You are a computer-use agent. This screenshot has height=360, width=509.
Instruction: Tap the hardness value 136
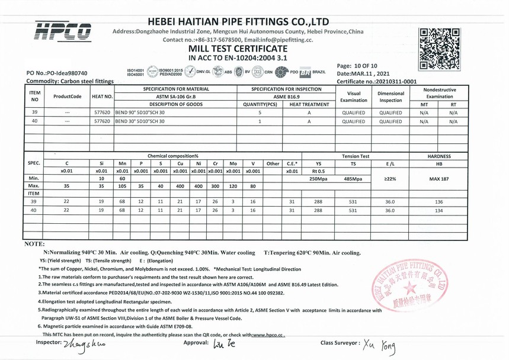pos(438,201)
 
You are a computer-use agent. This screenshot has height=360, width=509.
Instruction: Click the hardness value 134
pos(438,210)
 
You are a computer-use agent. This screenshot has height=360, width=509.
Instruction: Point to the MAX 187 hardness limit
pos(438,178)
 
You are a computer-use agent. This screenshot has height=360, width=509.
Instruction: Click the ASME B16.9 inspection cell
pos(286,96)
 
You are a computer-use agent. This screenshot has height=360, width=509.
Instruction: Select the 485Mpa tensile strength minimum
pos(353,178)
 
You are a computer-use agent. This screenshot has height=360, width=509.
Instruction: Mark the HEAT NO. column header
pos(102,96)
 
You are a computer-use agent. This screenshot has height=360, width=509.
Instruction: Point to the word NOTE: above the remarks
pos(34,243)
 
